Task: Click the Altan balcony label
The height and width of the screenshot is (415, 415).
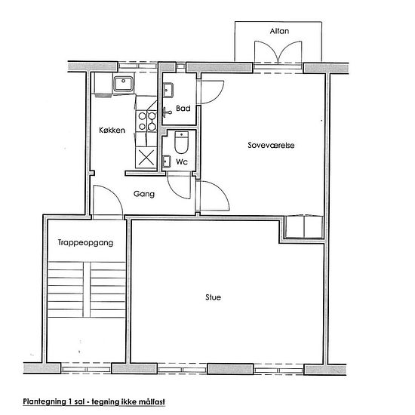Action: tap(279, 31)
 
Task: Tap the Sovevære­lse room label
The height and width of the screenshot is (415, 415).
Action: tap(271, 146)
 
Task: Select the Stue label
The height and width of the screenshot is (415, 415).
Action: tap(213, 297)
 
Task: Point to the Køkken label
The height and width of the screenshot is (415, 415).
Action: tap(112, 130)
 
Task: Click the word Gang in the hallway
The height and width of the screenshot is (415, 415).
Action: tap(144, 194)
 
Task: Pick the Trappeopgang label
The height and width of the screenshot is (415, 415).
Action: tap(85, 243)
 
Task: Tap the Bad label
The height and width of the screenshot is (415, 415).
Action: tap(183, 108)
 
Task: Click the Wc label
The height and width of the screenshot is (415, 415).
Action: tap(182, 161)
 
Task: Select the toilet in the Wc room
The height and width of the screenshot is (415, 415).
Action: tap(182, 143)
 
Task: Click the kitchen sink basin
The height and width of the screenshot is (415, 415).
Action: tap(123, 84)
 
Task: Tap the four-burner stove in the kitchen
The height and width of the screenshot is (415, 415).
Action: tap(146, 121)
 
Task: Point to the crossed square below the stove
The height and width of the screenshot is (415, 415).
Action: tap(146, 158)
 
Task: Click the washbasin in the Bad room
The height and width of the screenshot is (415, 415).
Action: tap(168, 91)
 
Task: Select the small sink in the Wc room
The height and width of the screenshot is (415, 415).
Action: tap(166, 161)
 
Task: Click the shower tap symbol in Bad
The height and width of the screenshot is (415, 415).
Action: tap(167, 112)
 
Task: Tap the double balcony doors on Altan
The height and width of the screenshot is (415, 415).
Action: tap(278, 52)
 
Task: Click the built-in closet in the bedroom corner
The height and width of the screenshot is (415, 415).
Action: tap(304, 227)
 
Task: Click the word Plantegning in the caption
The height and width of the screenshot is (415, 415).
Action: tap(45, 401)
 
